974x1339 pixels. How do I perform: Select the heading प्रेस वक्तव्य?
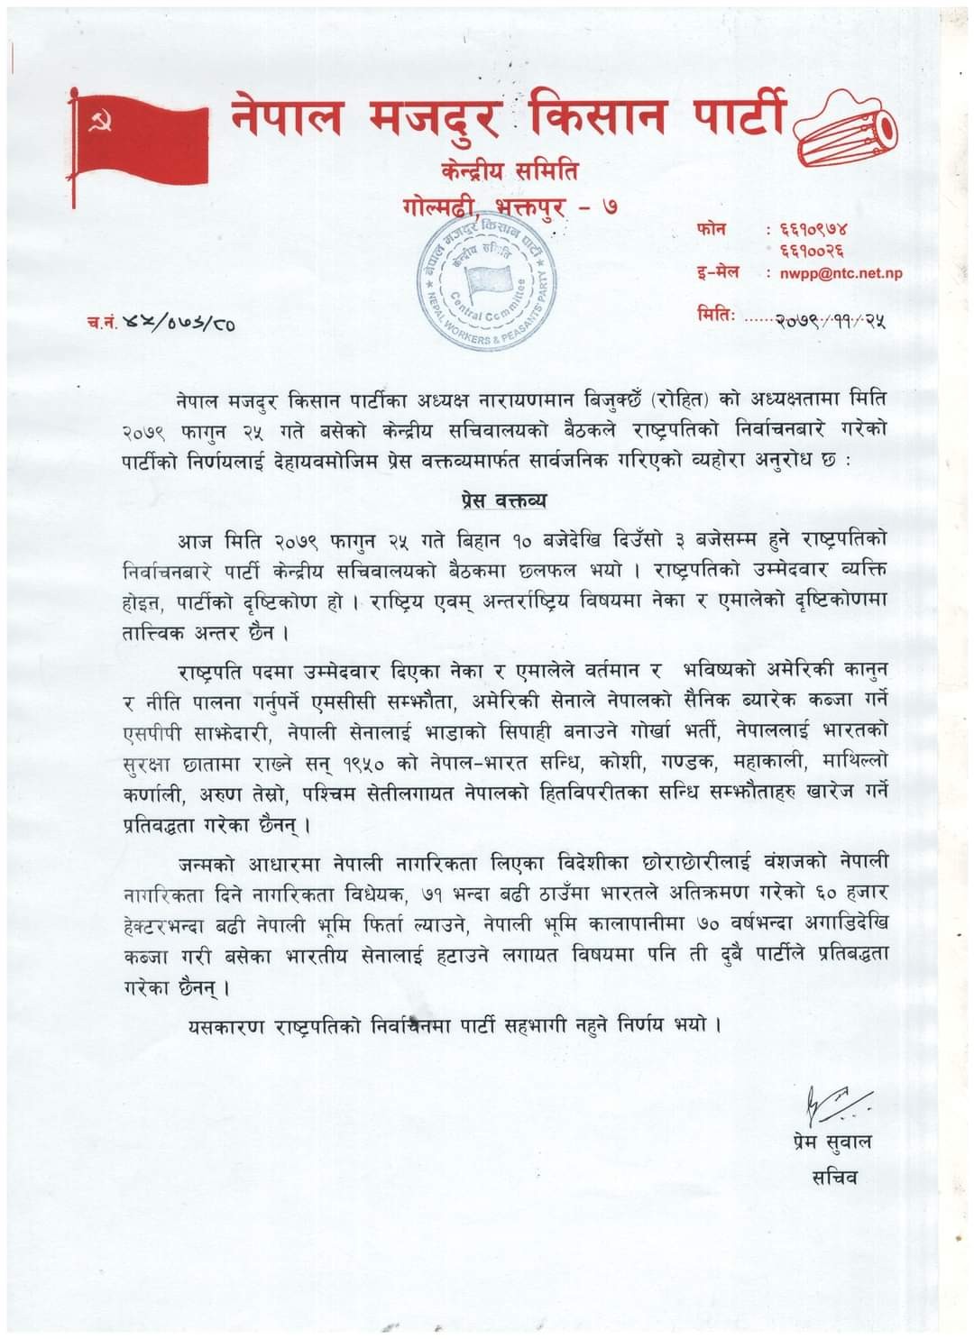499,500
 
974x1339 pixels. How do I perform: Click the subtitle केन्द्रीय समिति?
510,170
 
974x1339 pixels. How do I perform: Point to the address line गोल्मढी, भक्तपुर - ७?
510,209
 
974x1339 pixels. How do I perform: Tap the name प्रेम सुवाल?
827,1142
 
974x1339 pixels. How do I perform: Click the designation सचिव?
834,1177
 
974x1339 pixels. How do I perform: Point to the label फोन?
712,230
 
